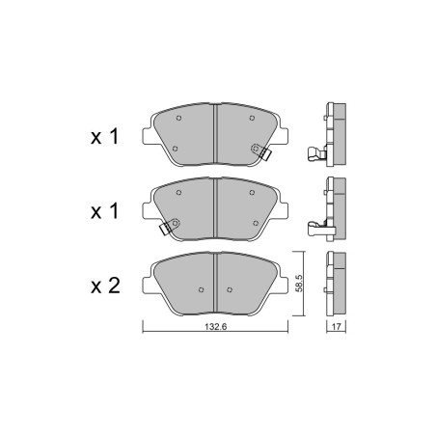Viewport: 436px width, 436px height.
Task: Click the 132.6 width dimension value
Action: (x=216, y=327)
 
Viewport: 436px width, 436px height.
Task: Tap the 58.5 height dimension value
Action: (x=299, y=284)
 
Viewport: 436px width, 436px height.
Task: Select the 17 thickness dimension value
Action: (x=336, y=327)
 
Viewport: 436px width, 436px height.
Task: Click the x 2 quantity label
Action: (x=105, y=286)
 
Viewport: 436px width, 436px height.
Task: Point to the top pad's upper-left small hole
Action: (x=178, y=118)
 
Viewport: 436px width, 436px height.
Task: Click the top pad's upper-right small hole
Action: (x=252, y=118)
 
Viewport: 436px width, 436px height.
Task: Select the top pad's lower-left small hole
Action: (x=175, y=149)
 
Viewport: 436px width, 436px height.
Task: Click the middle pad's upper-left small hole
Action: (x=178, y=193)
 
